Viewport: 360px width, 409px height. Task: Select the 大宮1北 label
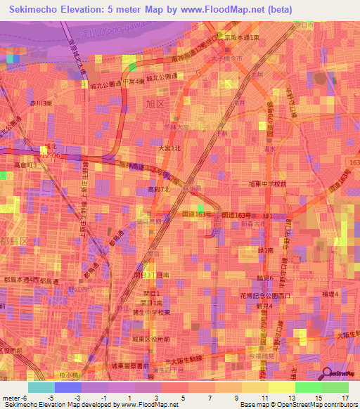[168, 148]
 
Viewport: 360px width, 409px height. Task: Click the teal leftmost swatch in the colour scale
[41, 387]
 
